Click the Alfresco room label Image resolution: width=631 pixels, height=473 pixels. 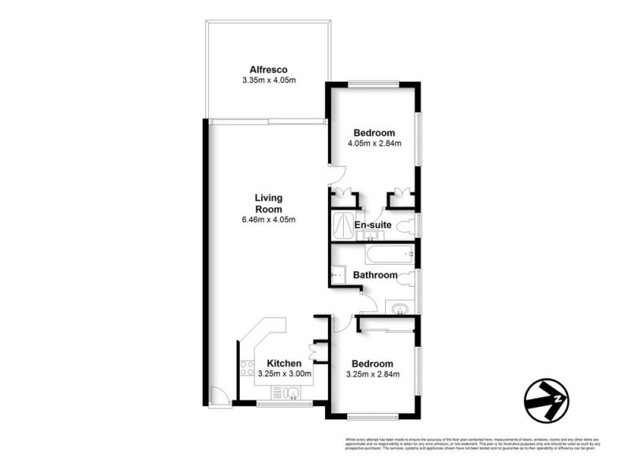point(267,69)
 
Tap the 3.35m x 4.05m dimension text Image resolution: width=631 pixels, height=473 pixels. point(267,80)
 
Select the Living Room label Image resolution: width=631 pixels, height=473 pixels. point(268,203)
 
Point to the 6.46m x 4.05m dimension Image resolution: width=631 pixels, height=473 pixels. point(268,219)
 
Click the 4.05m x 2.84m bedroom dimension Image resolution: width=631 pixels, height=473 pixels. point(375,143)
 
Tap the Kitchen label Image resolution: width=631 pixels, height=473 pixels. point(285,363)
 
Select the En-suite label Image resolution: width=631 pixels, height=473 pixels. point(372,225)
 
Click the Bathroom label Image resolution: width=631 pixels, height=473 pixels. point(375,275)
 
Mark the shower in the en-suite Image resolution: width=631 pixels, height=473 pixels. point(344,224)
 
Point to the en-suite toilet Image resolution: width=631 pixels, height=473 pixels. point(407,227)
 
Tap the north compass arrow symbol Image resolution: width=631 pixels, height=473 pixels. point(546,399)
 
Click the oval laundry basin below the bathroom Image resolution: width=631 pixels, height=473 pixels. point(399,307)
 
